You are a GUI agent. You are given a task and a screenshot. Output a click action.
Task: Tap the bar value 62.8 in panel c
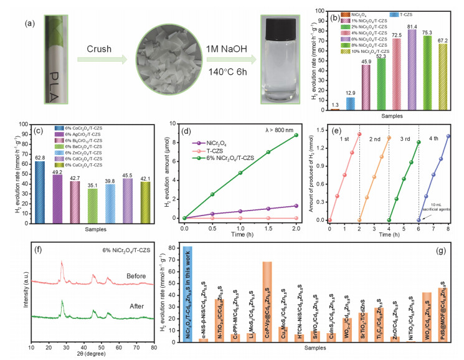pos(39,158)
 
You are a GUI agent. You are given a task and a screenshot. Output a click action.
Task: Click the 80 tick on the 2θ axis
pos(153,346)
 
